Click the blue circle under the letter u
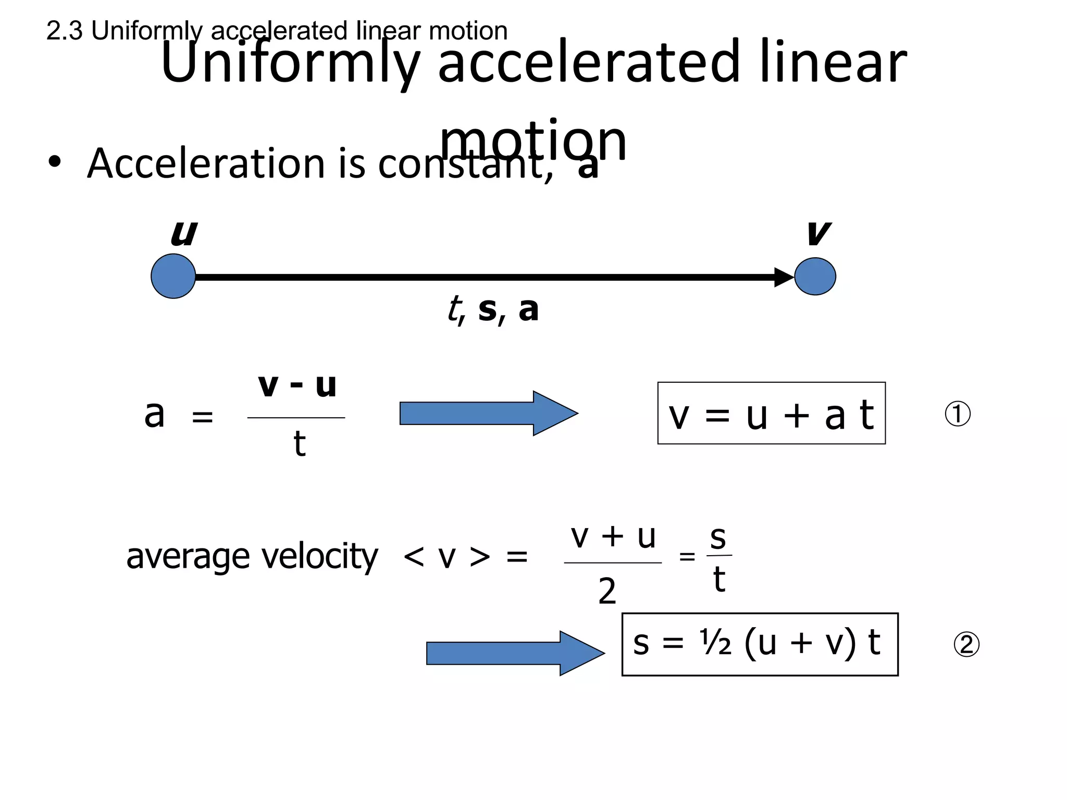[173, 276]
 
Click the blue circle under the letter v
[815, 277]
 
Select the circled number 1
[957, 415]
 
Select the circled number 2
[966, 644]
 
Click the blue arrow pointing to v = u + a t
[488, 414]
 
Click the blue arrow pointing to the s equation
[515, 653]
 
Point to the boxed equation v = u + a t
[771, 414]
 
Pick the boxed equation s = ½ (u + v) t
[760, 644]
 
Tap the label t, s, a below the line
[493, 309]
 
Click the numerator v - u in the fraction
[297, 386]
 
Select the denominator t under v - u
[299, 444]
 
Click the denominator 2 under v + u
[607, 592]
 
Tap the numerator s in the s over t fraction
[718, 537]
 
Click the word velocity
[319, 557]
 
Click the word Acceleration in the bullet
[206, 164]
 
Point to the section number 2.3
[64, 31]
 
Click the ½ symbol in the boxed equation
[715, 643]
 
